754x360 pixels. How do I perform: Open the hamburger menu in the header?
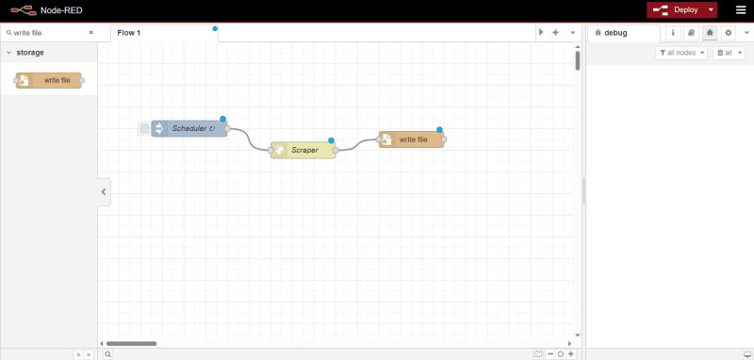point(740,10)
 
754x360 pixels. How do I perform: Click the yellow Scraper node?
point(303,150)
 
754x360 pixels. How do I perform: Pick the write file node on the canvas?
point(413,139)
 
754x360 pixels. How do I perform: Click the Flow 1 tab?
point(128,32)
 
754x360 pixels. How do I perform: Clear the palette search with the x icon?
point(90,32)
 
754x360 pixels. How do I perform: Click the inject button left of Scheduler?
point(144,128)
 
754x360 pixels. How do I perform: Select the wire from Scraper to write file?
point(358,145)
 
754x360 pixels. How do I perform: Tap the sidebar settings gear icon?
point(728,32)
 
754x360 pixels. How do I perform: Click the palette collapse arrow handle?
point(104,192)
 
